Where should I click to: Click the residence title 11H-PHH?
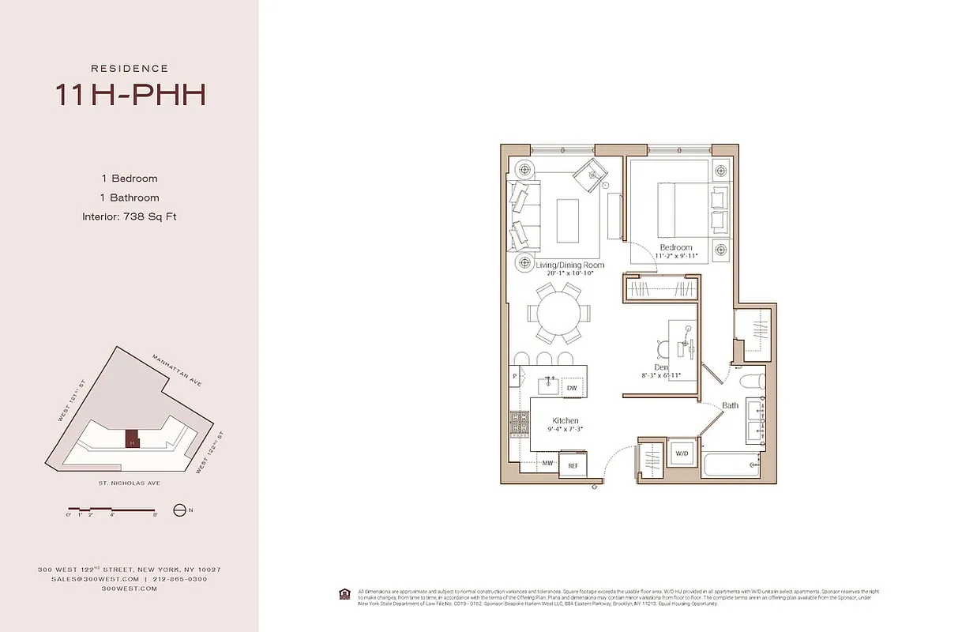(130, 94)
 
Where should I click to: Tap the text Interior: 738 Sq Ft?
(129, 216)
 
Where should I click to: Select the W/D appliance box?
(682, 454)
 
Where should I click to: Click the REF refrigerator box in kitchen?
(573, 466)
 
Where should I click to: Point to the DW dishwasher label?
(571, 388)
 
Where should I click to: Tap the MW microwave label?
(547, 463)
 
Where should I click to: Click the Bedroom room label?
(676, 247)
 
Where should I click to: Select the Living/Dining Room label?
(570, 265)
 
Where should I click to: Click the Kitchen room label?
(566, 420)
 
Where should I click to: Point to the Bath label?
(731, 406)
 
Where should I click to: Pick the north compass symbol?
(180, 510)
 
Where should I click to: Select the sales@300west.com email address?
(87, 578)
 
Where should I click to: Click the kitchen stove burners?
(519, 425)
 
